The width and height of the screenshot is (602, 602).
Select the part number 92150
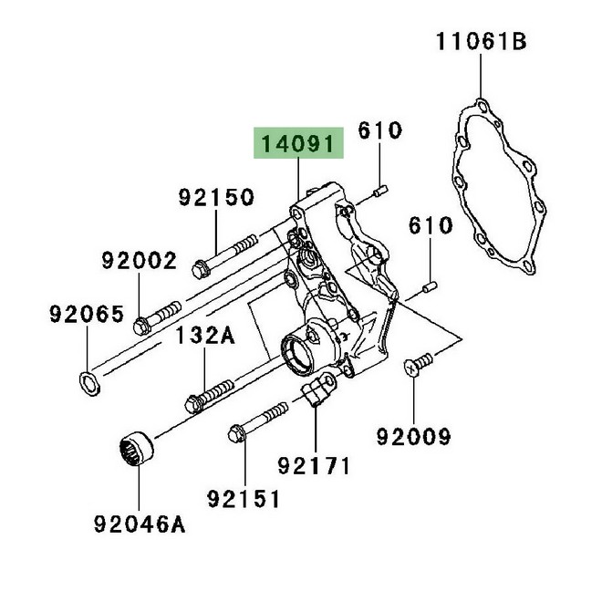click(x=215, y=197)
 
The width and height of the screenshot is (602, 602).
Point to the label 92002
click(x=139, y=262)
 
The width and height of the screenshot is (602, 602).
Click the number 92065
click(x=86, y=315)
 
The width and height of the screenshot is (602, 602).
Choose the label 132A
click(x=205, y=337)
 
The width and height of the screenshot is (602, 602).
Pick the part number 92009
click(x=414, y=438)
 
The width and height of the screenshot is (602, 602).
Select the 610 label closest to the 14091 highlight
click(x=379, y=130)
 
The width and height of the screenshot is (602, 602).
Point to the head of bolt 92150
click(x=202, y=268)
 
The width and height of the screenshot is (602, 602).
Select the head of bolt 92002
click(x=141, y=326)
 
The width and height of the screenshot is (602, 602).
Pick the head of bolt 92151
click(x=236, y=433)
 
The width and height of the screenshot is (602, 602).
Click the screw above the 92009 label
click(x=414, y=364)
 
